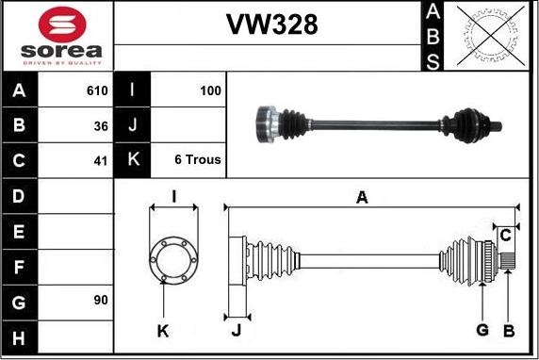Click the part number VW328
tap(270, 25)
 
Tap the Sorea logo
tap(58, 35)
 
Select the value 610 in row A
tap(96, 91)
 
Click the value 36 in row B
tap(101, 125)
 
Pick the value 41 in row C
tap(101, 159)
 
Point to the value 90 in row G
tap(101, 300)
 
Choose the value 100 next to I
tap(210, 91)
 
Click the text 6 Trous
tap(198, 159)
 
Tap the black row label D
tap(20, 196)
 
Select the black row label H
tap(20, 336)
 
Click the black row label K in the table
tap(133, 159)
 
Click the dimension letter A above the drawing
tap(361, 196)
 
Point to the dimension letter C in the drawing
tap(505, 234)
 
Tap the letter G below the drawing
tap(482, 329)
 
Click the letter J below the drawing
tap(236, 330)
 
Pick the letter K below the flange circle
tap(163, 330)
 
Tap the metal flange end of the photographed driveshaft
tap(267, 123)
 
